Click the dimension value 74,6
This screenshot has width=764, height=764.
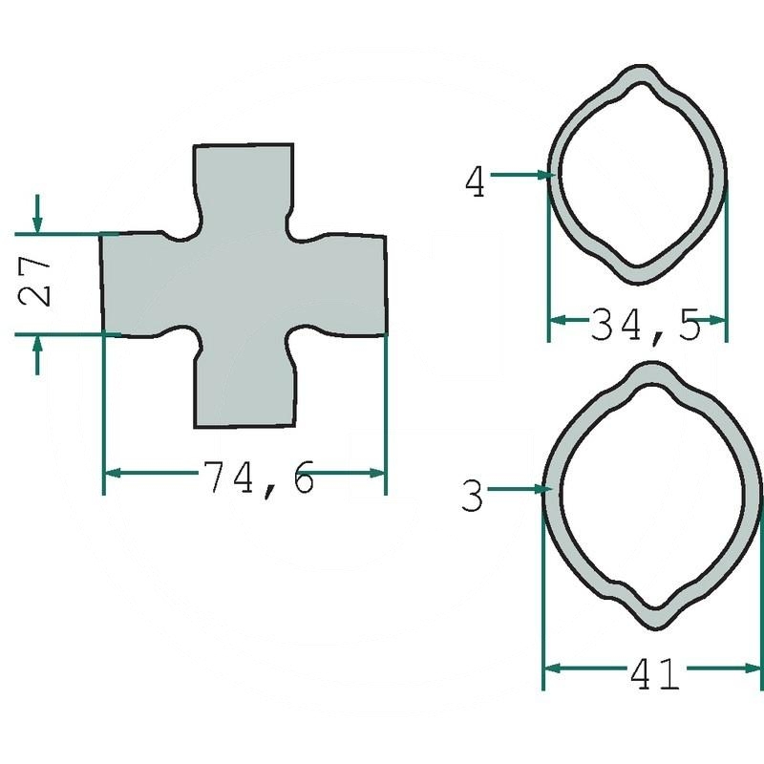(258, 477)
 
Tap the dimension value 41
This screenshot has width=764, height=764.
(654, 674)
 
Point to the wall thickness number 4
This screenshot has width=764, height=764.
(475, 180)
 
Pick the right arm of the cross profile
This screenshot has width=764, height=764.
(349, 284)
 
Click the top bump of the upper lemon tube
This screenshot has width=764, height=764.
(637, 75)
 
